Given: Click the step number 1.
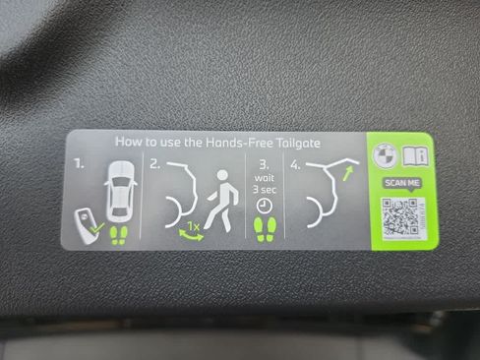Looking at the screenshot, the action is (x=79, y=163).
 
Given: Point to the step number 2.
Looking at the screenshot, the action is (x=154, y=163).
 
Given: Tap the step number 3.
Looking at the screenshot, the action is (x=265, y=165).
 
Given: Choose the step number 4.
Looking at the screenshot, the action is (x=295, y=165).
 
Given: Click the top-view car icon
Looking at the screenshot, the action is (x=120, y=191).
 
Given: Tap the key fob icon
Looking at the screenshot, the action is (x=85, y=226).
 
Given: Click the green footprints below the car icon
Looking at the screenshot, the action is (x=119, y=235).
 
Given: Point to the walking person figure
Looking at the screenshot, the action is (x=221, y=201).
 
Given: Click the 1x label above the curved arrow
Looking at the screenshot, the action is (x=193, y=226).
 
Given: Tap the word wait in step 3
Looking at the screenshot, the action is (x=265, y=178).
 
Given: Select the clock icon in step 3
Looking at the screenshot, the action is (x=264, y=206).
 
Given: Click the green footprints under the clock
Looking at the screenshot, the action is (x=265, y=229).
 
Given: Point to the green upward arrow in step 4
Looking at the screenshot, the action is (x=348, y=173).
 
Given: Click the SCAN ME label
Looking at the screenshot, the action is (x=402, y=183).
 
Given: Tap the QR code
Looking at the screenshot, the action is (x=403, y=217).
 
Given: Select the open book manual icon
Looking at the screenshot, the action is (x=415, y=155).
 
